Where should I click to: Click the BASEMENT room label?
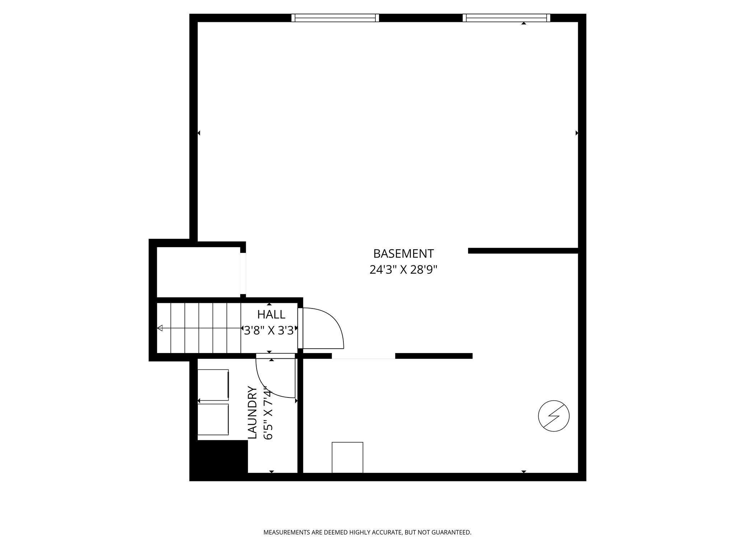click(403, 254)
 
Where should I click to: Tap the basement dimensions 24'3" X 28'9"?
click(403, 270)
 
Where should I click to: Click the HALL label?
click(271, 315)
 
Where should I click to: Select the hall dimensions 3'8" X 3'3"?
click(270, 330)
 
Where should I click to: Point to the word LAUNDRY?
click(253, 413)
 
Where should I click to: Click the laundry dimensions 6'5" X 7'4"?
click(268, 413)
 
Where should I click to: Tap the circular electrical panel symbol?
click(554, 416)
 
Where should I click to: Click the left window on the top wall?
click(335, 18)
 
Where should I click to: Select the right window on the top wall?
click(506, 18)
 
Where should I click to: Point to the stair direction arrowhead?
click(160, 328)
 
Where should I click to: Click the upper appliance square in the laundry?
click(213, 385)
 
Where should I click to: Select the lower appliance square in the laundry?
click(213, 419)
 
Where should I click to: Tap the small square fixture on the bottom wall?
click(347, 457)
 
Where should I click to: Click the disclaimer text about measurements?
click(367, 532)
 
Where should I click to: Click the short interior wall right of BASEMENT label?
click(523, 251)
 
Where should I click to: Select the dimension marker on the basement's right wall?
click(577, 133)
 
